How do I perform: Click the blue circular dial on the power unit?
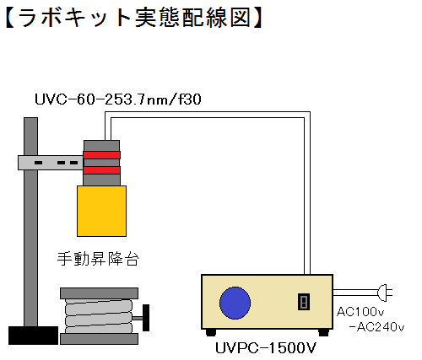235,303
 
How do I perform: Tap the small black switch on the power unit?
304,302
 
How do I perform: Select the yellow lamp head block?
101,211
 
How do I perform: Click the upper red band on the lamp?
101,155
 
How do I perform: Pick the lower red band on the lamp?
101,170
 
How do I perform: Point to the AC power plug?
385,293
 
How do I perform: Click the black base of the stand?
33,336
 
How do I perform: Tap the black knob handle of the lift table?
146,318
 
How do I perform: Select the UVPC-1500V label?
266,348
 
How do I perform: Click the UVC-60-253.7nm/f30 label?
118,99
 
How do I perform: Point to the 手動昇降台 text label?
98,259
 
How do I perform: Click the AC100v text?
360,312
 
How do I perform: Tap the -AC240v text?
376,327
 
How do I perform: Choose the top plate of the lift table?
99,293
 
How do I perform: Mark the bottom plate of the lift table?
99,339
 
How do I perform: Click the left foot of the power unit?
211,332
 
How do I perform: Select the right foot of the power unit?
323,332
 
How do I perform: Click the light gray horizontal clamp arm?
51,163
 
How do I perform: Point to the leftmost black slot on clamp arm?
39,163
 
